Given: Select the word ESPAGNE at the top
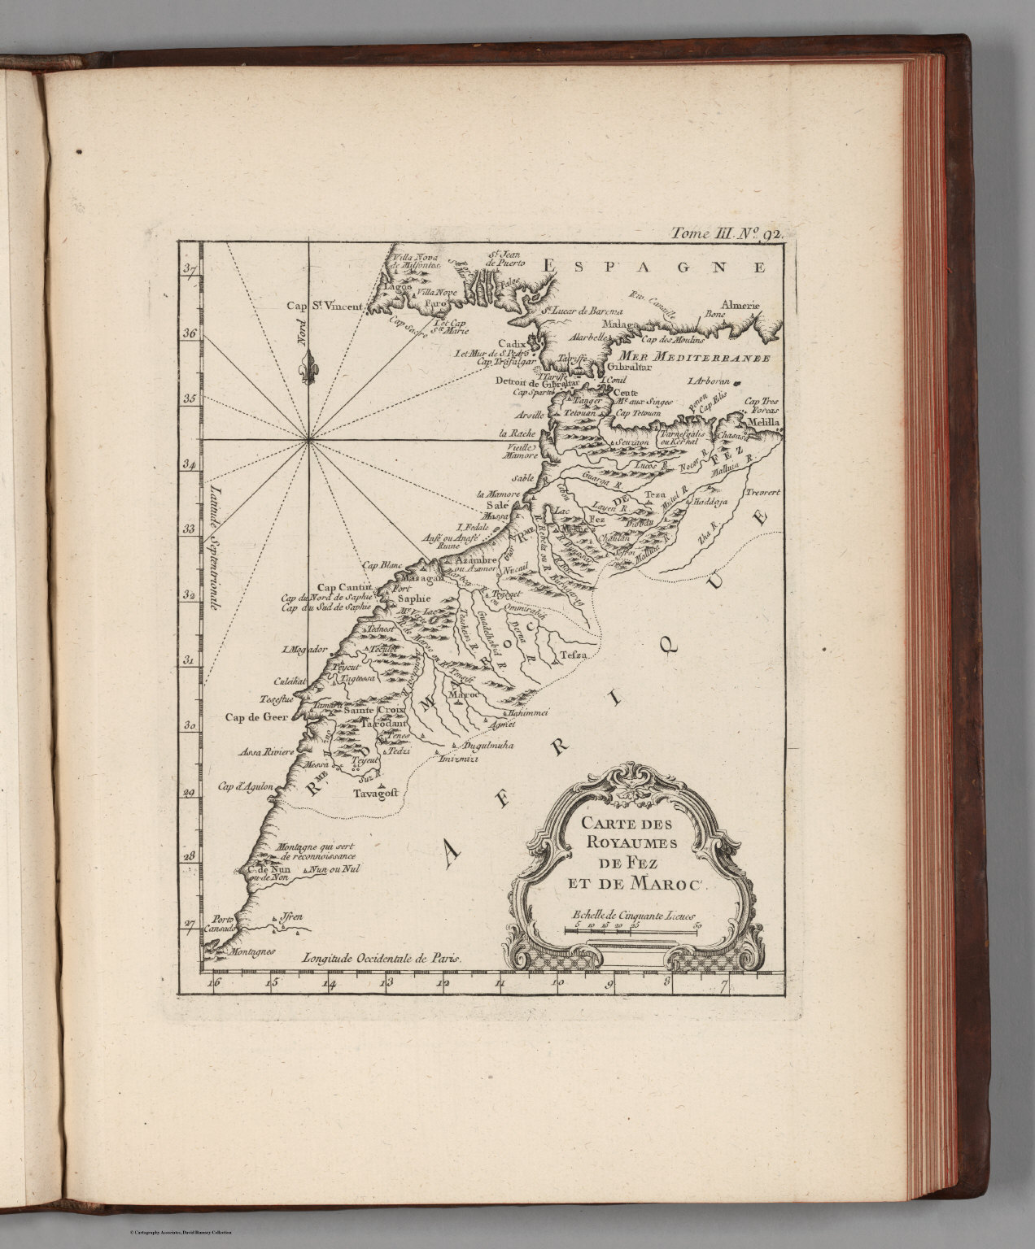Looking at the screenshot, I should pyautogui.click(x=656, y=266).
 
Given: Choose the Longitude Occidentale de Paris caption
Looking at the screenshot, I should pyautogui.click(x=382, y=958).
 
